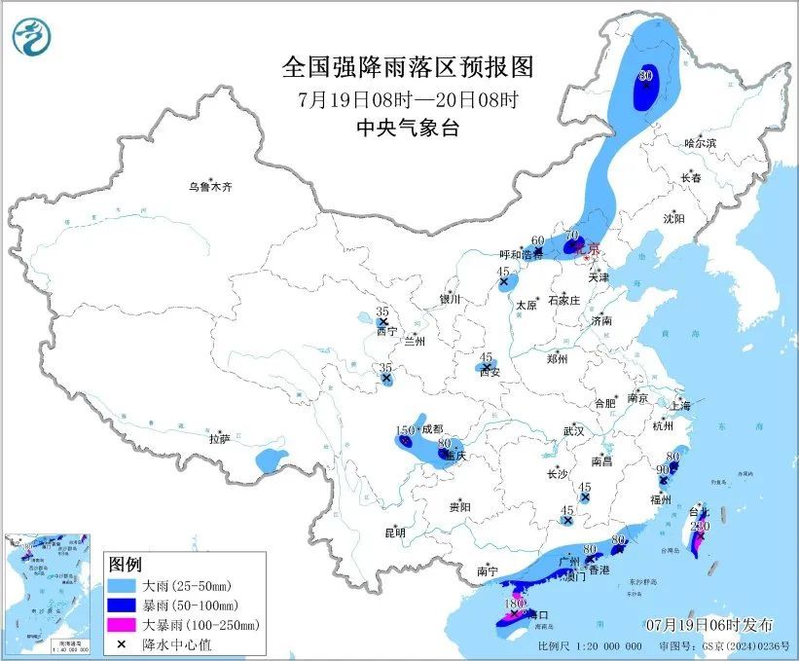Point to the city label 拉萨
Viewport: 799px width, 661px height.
click(219, 439)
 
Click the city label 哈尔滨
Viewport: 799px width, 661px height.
click(699, 143)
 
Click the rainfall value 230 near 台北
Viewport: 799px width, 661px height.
click(699, 526)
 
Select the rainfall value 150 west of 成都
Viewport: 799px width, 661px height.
click(404, 430)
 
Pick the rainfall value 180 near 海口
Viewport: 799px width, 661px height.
click(515, 604)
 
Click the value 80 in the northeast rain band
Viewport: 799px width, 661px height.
click(644, 75)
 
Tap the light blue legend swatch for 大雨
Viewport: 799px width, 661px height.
click(125, 587)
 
